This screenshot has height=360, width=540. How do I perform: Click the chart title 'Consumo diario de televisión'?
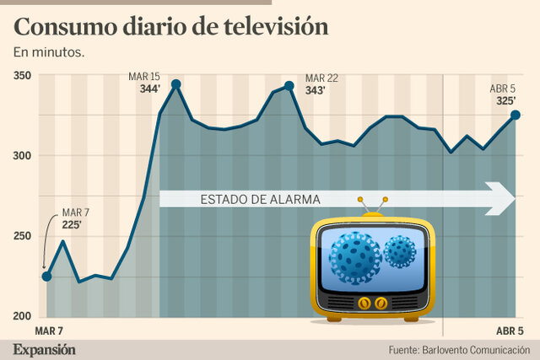pos(170,26)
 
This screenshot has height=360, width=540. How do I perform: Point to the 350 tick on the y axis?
pos(22,76)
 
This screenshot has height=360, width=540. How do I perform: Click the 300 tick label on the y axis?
pos(22,156)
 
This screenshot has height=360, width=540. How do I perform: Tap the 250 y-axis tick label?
pos(22,237)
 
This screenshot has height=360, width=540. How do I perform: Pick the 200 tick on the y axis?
pos(22,316)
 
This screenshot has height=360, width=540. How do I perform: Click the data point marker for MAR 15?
pos(175,84)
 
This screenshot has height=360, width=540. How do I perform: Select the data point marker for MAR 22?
pos(289,85)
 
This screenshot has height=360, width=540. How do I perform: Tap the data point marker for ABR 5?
pos(516,115)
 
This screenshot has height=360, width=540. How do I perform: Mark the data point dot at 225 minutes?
pos(47,277)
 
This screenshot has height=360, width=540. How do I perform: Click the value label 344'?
pos(150,89)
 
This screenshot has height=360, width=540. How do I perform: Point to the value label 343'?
pos(316,90)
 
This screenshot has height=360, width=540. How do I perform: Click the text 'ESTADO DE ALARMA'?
pos(260,201)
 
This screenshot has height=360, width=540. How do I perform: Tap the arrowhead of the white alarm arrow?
pos(506,200)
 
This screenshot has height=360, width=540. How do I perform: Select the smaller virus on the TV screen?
pos(400,251)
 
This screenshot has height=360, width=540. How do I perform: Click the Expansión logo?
pos(44,349)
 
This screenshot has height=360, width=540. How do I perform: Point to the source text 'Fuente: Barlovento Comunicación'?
pos(459,349)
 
